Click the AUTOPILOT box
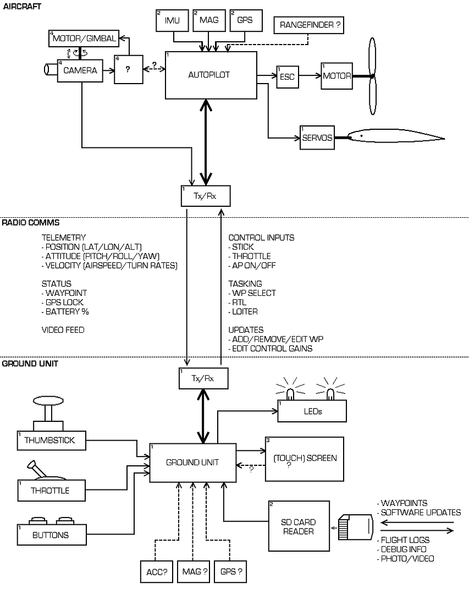[x=211, y=75]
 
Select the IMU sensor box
[x=172, y=20]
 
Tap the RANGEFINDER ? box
[x=308, y=25]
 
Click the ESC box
[x=287, y=76]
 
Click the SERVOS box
[x=317, y=137]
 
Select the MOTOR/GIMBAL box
[x=83, y=39]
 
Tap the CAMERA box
[x=80, y=70]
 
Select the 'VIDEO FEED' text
[x=63, y=330]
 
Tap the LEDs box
[x=312, y=411]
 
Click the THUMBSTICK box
[x=52, y=441]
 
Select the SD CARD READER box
[x=299, y=526]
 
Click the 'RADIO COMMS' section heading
[x=31, y=223]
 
